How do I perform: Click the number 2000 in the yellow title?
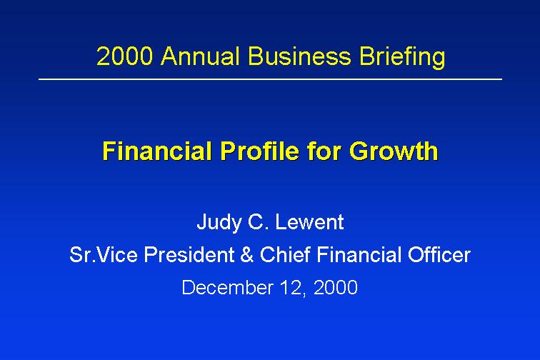point(124,56)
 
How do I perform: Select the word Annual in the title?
point(200,56)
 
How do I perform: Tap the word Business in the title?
point(299,56)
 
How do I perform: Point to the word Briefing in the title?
point(402,58)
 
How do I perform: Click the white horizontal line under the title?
point(270,79)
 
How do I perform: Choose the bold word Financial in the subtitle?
point(157,151)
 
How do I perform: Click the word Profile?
point(260,151)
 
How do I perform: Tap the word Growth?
point(394,151)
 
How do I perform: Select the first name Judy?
point(219,223)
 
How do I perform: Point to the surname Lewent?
point(309,222)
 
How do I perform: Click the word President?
point(189,255)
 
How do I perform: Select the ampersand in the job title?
point(246,255)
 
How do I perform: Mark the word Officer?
point(439,255)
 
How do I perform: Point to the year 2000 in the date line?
point(336,287)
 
